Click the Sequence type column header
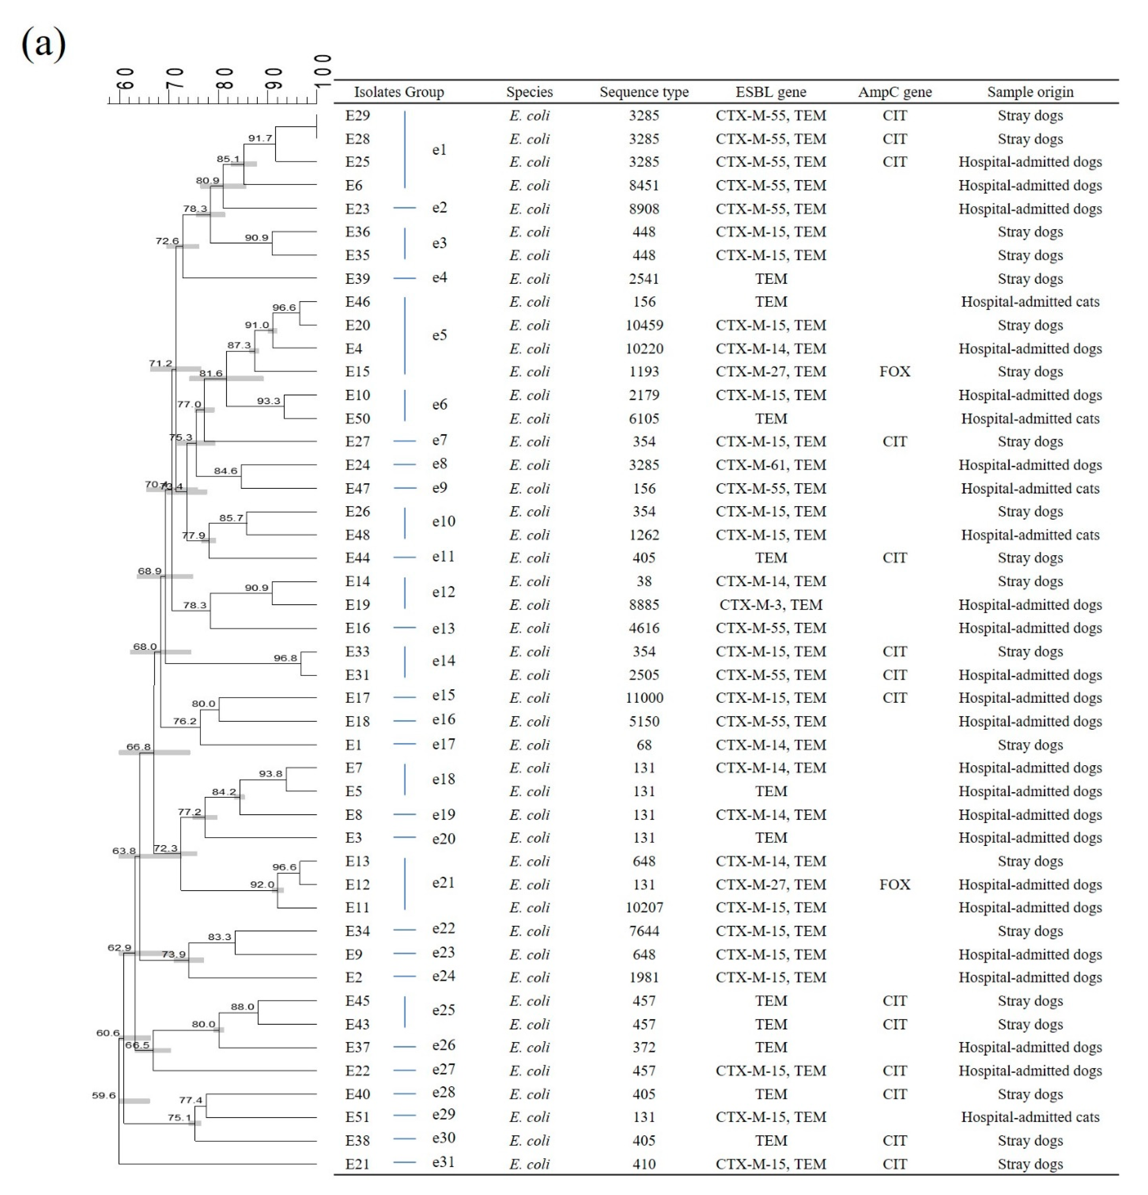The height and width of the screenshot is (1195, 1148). (x=644, y=92)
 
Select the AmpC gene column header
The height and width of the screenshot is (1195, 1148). (x=894, y=92)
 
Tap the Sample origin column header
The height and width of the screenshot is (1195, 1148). (x=1030, y=92)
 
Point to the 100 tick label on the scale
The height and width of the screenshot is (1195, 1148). (x=323, y=70)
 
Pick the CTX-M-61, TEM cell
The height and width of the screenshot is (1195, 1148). (x=771, y=465)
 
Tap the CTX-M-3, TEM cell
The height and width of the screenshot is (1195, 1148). (x=771, y=605)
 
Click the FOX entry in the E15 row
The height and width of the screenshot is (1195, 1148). (x=894, y=371)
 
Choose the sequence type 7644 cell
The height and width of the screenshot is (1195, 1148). (x=644, y=931)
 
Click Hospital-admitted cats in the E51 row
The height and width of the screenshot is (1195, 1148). (x=1030, y=1117)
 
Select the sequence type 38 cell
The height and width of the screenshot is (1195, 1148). (x=644, y=581)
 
